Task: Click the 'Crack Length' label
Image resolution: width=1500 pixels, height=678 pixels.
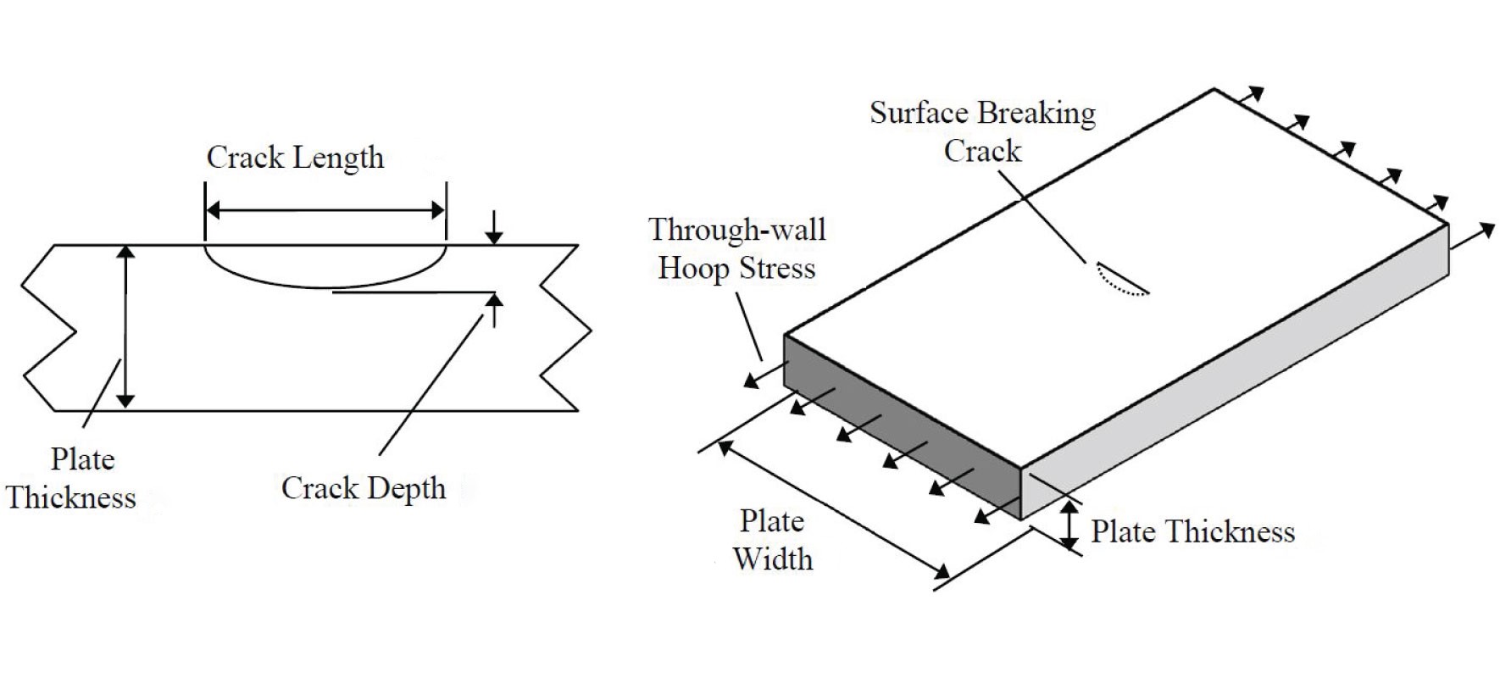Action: pos(295,158)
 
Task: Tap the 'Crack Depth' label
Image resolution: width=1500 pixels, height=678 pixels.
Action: pos(364,488)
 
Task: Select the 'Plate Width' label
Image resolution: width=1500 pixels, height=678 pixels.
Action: pos(772,540)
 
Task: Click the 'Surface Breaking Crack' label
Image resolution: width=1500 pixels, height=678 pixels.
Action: pos(982,132)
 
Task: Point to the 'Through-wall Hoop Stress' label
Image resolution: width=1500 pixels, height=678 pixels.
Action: pos(736,248)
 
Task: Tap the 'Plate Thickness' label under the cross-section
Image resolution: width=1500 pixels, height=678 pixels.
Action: pos(71,479)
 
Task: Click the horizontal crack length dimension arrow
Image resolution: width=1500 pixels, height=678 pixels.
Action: pos(325,210)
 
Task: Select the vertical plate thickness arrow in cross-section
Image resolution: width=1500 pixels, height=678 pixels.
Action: pos(125,327)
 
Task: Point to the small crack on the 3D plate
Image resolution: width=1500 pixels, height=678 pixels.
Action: pos(1120,280)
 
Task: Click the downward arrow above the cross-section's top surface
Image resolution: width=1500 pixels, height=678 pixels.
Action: pos(494,227)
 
